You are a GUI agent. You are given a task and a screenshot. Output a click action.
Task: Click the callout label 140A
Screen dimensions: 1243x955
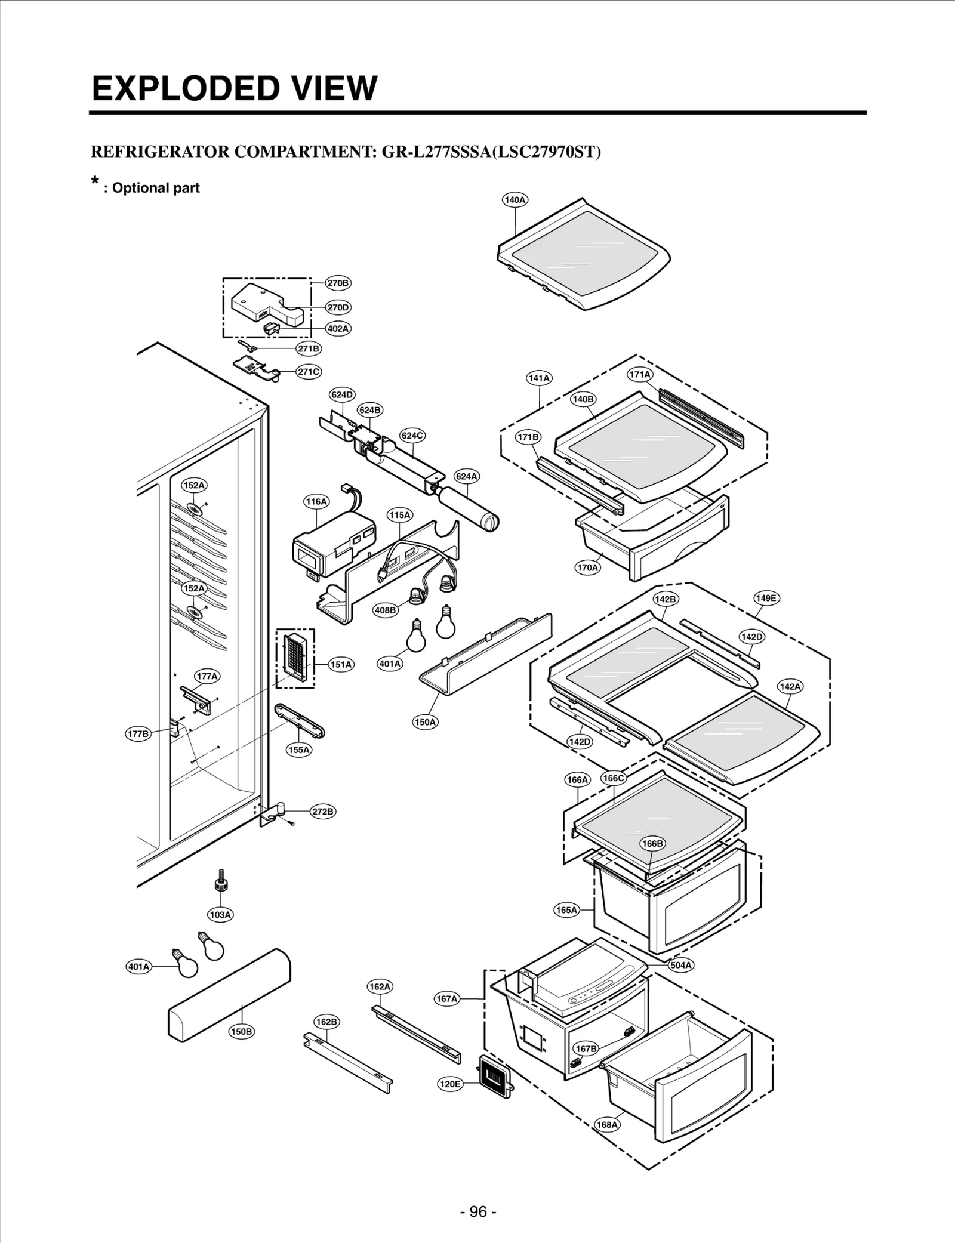[x=515, y=200]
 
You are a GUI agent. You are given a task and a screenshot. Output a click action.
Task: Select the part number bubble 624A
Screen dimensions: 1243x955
[x=466, y=476]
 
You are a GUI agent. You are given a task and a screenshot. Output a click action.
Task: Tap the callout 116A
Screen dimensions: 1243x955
[x=316, y=501]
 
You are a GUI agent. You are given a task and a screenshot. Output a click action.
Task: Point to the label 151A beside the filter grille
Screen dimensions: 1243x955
[x=341, y=664]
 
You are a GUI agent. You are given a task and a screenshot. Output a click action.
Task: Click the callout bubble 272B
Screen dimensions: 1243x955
[x=323, y=812]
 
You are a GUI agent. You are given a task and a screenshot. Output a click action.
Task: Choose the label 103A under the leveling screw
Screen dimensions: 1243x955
[x=220, y=914]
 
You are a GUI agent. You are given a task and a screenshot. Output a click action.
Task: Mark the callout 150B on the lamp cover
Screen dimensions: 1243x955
[x=242, y=1031]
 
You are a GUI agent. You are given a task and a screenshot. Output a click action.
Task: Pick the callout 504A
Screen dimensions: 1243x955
[x=680, y=965]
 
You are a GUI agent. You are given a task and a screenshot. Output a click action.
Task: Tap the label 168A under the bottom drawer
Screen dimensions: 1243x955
[x=607, y=1124]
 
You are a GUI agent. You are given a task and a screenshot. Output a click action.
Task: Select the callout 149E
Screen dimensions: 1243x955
[x=766, y=598]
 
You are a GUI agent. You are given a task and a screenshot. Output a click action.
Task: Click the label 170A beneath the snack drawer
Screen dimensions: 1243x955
[x=587, y=567]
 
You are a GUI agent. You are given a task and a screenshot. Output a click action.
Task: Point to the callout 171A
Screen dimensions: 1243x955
[x=640, y=375]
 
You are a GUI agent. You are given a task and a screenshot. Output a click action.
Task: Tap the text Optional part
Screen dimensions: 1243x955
[x=155, y=188]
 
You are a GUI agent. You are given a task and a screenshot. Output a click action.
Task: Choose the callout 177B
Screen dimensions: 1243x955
[x=138, y=734]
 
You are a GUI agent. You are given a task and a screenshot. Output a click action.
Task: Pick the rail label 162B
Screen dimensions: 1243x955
[x=326, y=1022]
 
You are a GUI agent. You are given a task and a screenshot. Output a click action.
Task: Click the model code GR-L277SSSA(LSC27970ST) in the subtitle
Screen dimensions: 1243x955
[x=491, y=152]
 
